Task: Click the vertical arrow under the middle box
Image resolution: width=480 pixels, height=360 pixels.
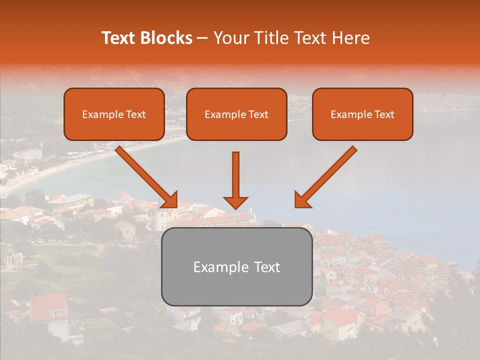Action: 235,180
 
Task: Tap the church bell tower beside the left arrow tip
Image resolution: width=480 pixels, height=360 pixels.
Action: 161,219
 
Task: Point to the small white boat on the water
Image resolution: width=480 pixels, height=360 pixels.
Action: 446,185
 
